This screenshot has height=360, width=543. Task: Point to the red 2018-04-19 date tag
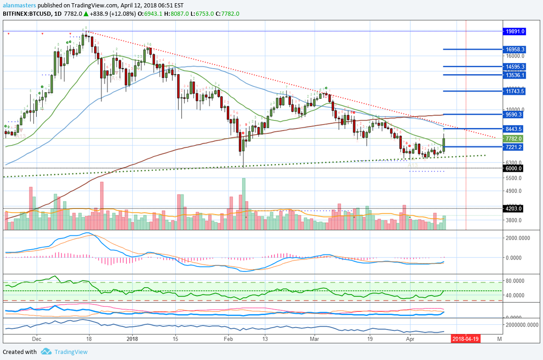click(466, 339)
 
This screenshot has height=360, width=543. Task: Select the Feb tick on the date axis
click(228, 339)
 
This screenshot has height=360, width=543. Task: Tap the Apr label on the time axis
click(410, 339)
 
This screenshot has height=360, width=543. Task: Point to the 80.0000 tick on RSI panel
click(517, 281)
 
